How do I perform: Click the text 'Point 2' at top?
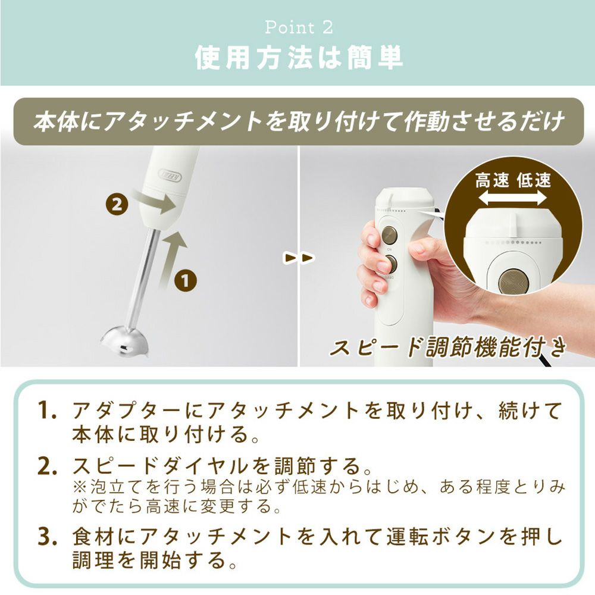pos(299,27)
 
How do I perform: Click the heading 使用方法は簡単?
pos(299,58)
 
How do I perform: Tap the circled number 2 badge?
pos(117,205)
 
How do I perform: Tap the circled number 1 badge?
pos(185,281)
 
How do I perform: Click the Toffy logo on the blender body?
pos(170,177)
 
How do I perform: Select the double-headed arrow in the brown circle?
pos(512,198)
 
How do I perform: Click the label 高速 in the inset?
pos(492,180)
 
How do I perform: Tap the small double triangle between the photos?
pos(299,258)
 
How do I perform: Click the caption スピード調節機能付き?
pos(448,347)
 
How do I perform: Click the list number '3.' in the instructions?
pos(47,536)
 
